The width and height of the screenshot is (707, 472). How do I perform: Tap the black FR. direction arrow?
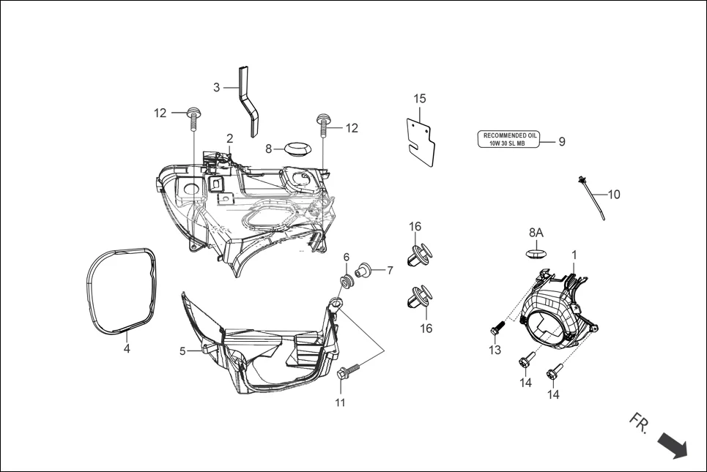pyautogui.click(x=672, y=444)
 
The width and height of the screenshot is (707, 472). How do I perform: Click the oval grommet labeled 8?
pyautogui.click(x=296, y=149)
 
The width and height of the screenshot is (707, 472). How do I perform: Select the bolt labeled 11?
pyautogui.click(x=346, y=372)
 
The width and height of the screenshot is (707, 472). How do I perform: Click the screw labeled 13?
pyautogui.click(x=496, y=329)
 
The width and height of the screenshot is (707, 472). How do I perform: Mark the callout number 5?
pyautogui.click(x=182, y=351)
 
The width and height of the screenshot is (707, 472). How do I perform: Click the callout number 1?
pyautogui.click(x=574, y=255)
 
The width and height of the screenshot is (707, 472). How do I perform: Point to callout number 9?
pyautogui.click(x=562, y=142)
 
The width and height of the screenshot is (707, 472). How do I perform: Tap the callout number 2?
pyautogui.click(x=229, y=138)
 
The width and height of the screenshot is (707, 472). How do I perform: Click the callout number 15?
pyautogui.click(x=419, y=98)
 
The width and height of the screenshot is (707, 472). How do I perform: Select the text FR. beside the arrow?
pyautogui.click(x=638, y=422)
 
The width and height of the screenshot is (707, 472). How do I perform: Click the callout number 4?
pyautogui.click(x=127, y=349)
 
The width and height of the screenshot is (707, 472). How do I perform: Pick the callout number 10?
pyautogui.click(x=614, y=195)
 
